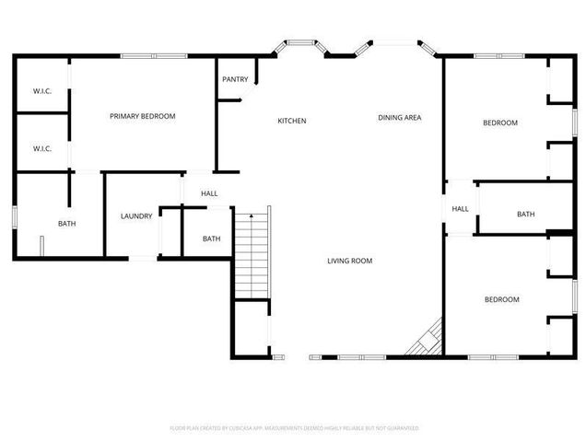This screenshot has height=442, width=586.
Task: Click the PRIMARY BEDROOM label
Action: (142, 116)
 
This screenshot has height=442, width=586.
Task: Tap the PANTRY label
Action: (234, 79)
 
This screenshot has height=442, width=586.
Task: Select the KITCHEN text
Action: (292, 121)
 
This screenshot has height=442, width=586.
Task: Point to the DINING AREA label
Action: (400, 118)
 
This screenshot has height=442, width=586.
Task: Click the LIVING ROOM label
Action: (349, 261)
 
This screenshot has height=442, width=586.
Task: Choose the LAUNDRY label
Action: (135, 216)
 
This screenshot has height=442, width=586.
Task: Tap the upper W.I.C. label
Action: (41, 90)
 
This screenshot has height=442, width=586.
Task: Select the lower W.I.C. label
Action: (41, 148)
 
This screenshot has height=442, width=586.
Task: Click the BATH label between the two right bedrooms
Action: (525, 215)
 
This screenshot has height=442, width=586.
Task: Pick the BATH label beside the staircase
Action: (211, 239)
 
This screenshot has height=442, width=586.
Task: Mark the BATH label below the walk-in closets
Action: (67, 224)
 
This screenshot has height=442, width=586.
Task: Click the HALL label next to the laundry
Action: (209, 193)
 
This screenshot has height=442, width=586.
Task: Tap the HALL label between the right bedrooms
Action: (460, 209)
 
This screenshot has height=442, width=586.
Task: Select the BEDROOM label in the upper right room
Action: (501, 122)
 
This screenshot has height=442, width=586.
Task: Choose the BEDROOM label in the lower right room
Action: (502, 299)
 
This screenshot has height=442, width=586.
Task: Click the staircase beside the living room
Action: (252, 253)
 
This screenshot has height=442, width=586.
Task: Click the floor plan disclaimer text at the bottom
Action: (294, 428)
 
